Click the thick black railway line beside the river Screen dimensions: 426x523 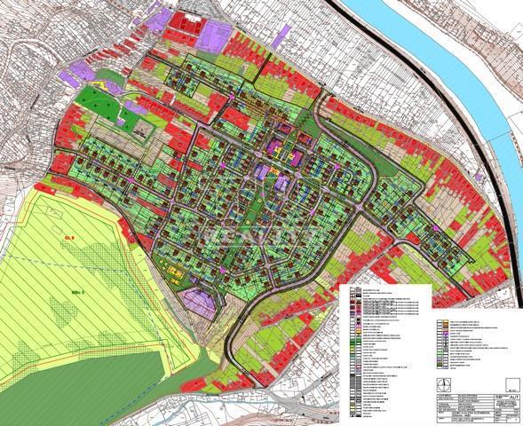(x=484, y=177)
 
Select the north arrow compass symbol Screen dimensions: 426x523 (x=444, y=383)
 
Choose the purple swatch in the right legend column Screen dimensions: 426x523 (x=441, y=335)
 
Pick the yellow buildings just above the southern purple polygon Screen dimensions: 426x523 (x=175, y=277)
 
